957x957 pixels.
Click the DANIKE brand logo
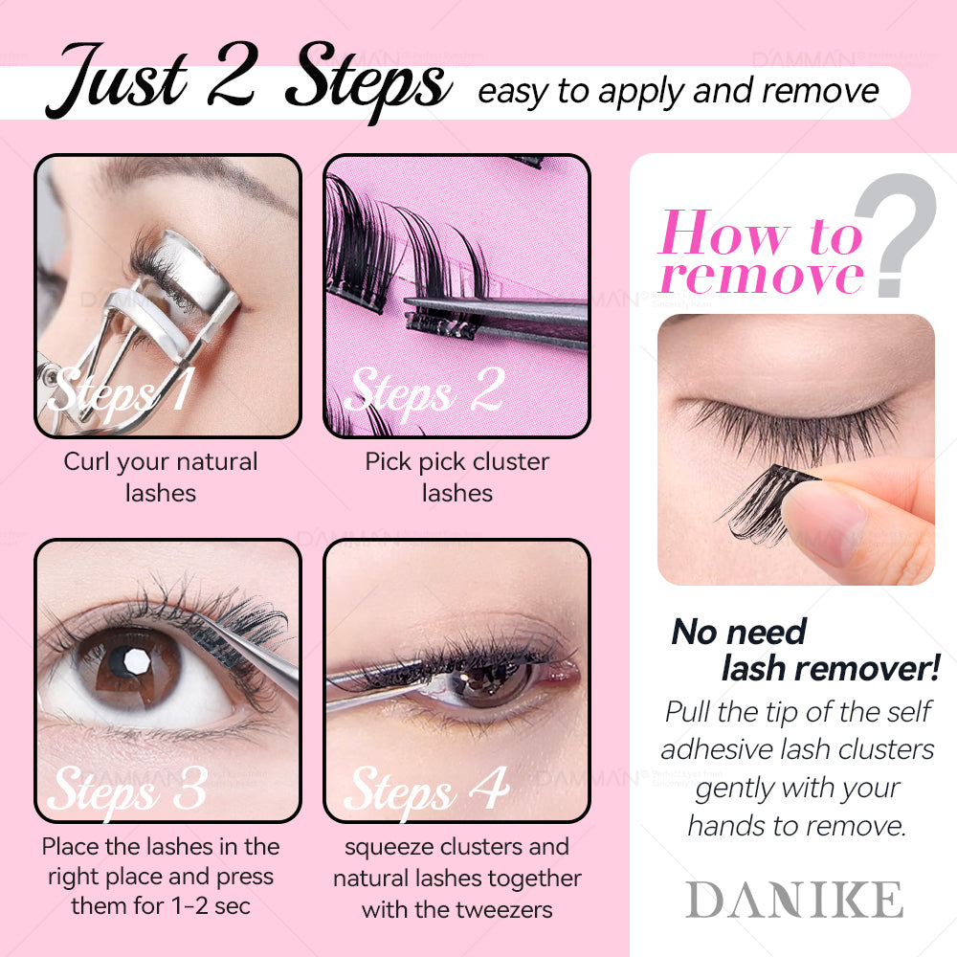point(793,899)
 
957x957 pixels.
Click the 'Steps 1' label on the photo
point(122,392)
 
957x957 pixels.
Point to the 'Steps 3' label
point(127,790)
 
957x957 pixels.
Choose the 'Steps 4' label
point(426,790)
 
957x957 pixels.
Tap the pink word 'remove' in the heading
point(763,276)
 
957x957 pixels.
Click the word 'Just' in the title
point(117,80)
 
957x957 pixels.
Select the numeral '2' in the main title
point(232,75)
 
